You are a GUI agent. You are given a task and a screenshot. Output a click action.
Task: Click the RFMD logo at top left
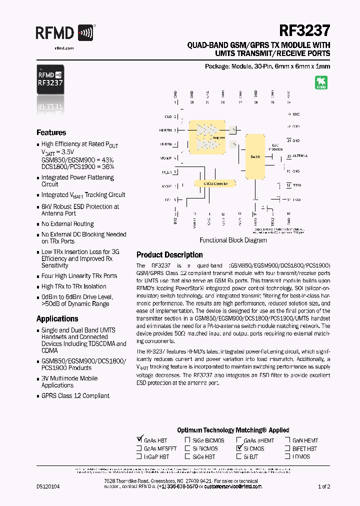coord(65,33)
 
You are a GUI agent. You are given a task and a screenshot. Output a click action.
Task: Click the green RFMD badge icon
coord(321,82)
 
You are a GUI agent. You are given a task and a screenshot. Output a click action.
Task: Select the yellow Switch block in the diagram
coord(255,156)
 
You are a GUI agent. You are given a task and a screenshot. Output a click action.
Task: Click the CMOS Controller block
coord(215,183)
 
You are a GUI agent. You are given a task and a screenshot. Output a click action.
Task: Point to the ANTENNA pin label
coord(300,156)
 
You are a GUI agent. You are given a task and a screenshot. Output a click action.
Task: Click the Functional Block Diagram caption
coord(233,240)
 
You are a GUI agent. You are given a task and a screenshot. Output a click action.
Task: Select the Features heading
coord(51,132)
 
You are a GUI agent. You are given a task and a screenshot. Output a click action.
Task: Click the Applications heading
coord(57,318)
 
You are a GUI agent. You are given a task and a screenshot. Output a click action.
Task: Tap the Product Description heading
coord(169,254)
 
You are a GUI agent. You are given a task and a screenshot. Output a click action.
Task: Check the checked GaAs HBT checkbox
coord(139,440)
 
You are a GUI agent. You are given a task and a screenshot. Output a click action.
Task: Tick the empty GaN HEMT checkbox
coord(287,440)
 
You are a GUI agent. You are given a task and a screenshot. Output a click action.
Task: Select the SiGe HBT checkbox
coord(187,456)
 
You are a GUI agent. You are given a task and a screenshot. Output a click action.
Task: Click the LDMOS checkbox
coord(287,456)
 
